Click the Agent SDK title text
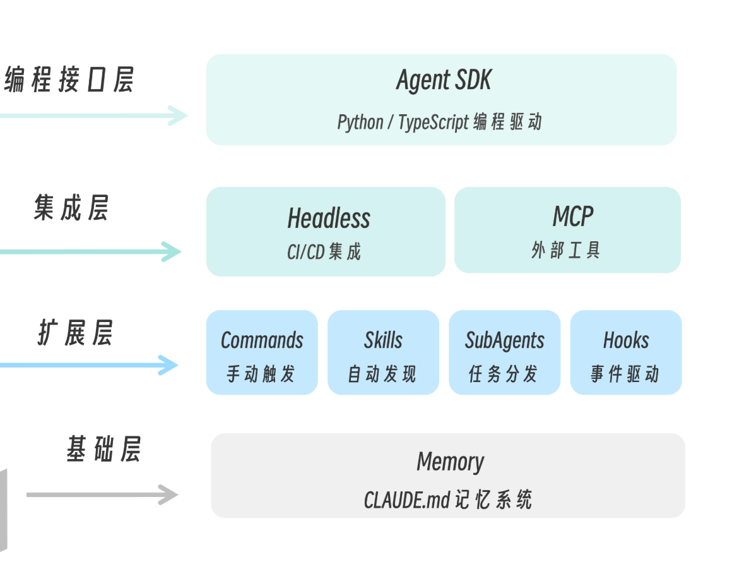(x=443, y=81)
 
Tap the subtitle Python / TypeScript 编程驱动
(x=439, y=122)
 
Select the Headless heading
(x=328, y=218)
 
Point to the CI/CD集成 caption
(x=324, y=252)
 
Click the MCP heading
(x=572, y=217)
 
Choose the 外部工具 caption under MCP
(x=566, y=251)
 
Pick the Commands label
(x=262, y=340)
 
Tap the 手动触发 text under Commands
(x=261, y=374)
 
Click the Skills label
(x=383, y=340)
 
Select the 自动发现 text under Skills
(x=382, y=374)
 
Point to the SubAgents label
(x=504, y=340)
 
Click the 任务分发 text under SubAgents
(x=504, y=374)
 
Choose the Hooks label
(x=625, y=340)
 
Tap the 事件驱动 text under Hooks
(x=625, y=374)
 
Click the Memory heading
(x=450, y=462)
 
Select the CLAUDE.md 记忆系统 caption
(x=448, y=499)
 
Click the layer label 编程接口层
(x=69, y=81)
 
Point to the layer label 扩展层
(x=74, y=333)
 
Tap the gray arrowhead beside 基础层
(x=167, y=494)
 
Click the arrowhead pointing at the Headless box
(x=170, y=251)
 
